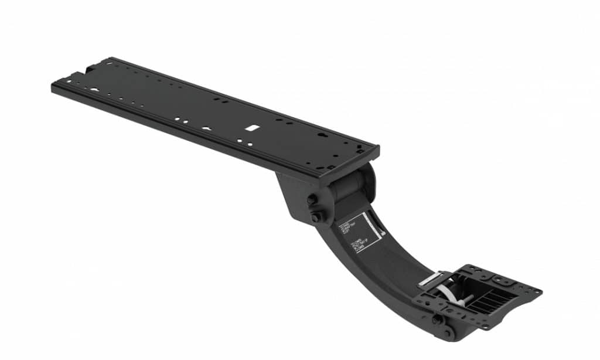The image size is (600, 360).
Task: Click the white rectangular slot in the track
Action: click(251, 127)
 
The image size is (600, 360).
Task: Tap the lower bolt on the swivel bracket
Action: click(316, 218)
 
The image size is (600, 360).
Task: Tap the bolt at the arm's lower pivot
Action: click(437, 320)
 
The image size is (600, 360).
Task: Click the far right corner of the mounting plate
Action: click(538, 290)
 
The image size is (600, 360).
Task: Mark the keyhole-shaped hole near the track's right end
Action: click(320, 134)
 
